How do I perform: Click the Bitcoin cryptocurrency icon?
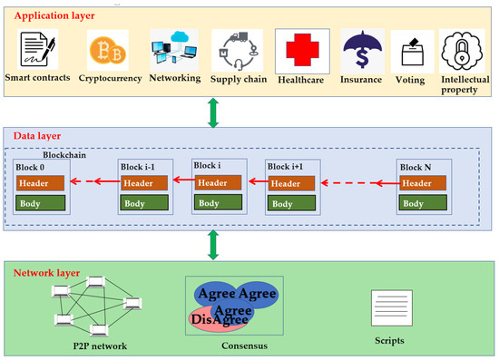[107, 49]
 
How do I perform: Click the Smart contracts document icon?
[35, 51]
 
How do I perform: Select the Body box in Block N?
[423, 204]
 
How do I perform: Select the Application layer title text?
[54, 16]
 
